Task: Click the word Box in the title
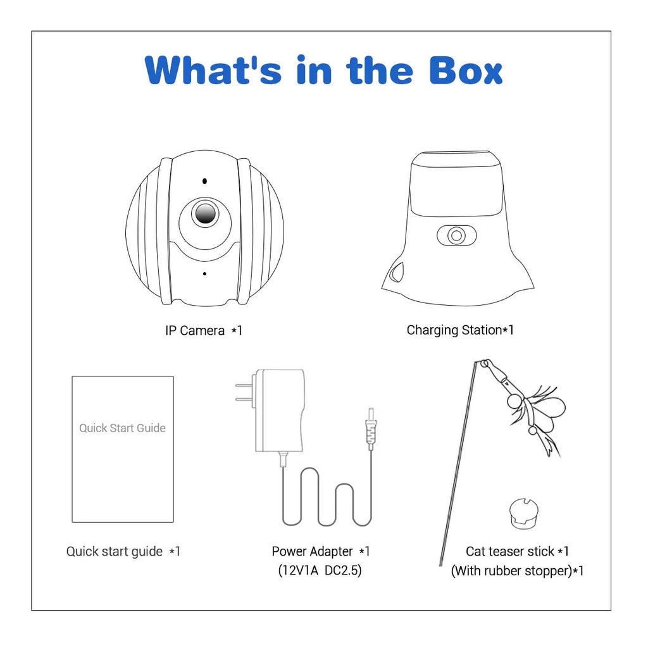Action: tap(466, 70)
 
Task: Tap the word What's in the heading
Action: tap(213, 70)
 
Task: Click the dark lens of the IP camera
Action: tap(205, 214)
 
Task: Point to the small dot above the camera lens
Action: tap(204, 181)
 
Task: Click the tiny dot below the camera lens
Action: tap(204, 273)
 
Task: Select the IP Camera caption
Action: tap(204, 330)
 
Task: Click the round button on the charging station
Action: tap(456, 235)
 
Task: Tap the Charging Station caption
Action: tap(460, 330)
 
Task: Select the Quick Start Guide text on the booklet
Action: tap(122, 428)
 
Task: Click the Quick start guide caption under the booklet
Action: tap(123, 551)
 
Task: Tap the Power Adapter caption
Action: tap(320, 551)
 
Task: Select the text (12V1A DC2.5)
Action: tap(320, 570)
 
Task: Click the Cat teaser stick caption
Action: tap(517, 551)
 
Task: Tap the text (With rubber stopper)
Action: tap(512, 571)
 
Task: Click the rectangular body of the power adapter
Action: tap(280, 410)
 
